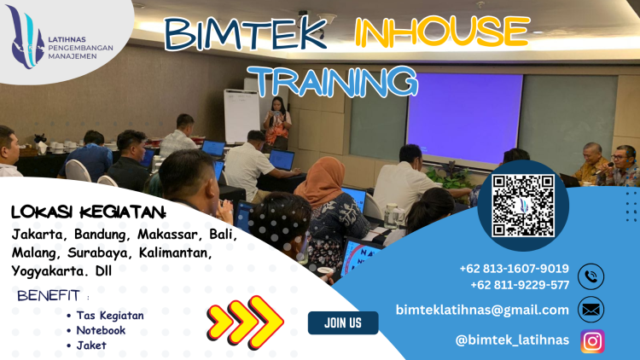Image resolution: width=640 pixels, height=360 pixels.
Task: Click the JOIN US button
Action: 343,322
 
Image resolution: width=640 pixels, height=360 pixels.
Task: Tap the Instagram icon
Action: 592,340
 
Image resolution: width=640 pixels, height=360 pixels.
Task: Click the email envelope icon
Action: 591,309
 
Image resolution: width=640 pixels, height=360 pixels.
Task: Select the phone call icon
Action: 591,277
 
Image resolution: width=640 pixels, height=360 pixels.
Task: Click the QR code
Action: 523,205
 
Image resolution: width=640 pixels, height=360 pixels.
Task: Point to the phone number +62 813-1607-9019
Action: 514,269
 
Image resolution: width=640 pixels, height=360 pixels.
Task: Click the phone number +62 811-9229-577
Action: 519,285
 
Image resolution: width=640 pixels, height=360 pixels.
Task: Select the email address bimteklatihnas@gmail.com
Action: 482,310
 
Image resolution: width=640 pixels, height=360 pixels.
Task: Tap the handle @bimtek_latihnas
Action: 512,340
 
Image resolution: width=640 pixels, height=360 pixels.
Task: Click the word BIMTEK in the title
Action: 245,34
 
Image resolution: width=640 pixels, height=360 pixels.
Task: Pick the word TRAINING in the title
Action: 337,80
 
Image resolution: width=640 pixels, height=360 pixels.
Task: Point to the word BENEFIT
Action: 49,296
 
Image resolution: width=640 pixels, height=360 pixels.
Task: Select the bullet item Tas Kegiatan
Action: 109,315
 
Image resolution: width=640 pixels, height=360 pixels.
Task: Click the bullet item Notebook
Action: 101,330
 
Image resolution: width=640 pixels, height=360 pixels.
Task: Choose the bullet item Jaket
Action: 92,345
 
